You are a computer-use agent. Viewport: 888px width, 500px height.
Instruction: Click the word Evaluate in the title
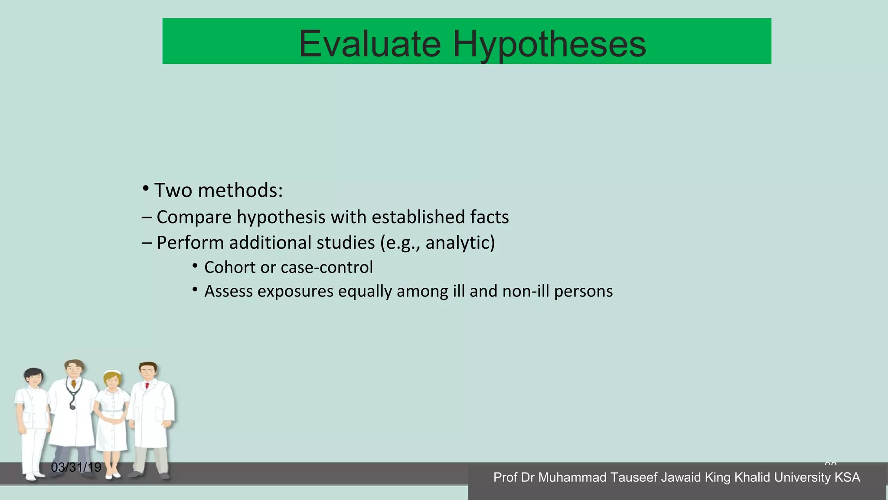click(370, 44)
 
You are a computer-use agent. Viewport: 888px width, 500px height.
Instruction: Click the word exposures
click(295, 291)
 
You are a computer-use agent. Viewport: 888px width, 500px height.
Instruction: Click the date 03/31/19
click(76, 467)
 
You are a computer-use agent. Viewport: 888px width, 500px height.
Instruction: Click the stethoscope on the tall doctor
click(72, 397)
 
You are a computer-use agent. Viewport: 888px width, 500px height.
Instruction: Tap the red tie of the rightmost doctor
click(147, 385)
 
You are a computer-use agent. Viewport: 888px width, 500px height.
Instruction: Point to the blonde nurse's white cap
click(113, 373)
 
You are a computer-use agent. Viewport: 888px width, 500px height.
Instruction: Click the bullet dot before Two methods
click(146, 189)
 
